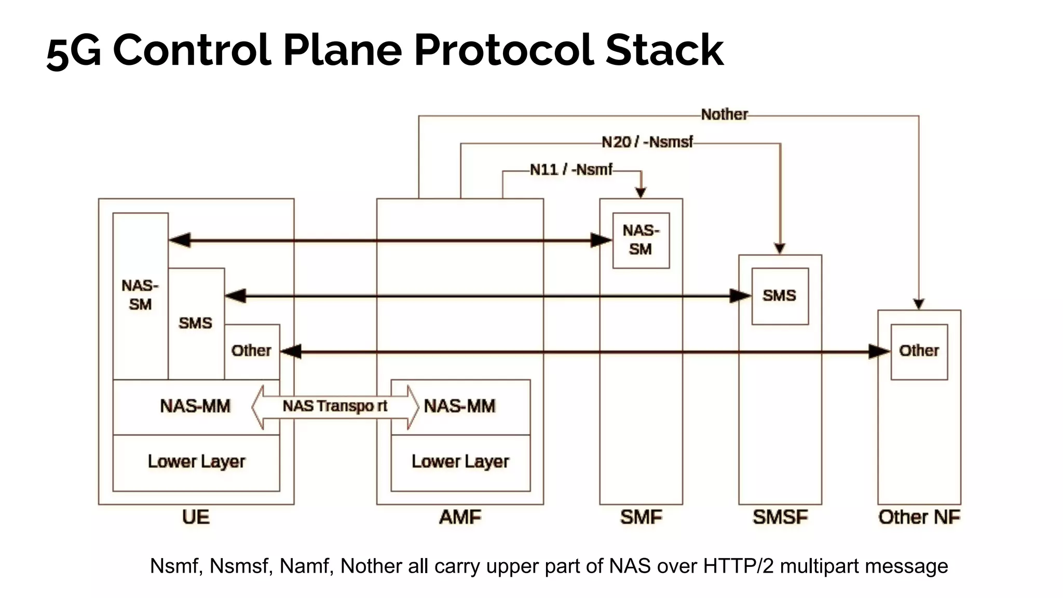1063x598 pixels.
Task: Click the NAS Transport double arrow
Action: [x=335, y=406]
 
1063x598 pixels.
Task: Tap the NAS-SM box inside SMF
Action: [x=640, y=240]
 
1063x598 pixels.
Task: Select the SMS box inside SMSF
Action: [x=780, y=296]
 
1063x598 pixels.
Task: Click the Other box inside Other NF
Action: [x=919, y=351]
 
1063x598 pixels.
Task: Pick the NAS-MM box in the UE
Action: [x=195, y=406]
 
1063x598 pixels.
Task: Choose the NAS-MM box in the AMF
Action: [x=460, y=406]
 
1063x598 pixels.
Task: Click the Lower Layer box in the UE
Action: [x=196, y=462]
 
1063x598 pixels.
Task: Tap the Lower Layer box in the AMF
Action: [x=460, y=462]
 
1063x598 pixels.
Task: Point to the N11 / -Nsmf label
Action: [x=571, y=170]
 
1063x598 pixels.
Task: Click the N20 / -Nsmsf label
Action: [x=647, y=142]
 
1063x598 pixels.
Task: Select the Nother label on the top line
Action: [x=724, y=115]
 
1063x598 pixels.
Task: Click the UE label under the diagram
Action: [x=196, y=518]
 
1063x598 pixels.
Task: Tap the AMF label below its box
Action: [x=460, y=518]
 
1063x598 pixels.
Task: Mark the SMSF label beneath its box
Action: [x=780, y=518]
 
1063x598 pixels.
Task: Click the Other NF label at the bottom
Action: [x=919, y=518]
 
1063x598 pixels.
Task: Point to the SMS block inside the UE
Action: [x=196, y=323]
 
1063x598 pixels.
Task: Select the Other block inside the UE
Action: [x=252, y=351]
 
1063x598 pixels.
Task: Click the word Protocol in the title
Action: [x=503, y=50]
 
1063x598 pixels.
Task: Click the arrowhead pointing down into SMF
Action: [x=641, y=192]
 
